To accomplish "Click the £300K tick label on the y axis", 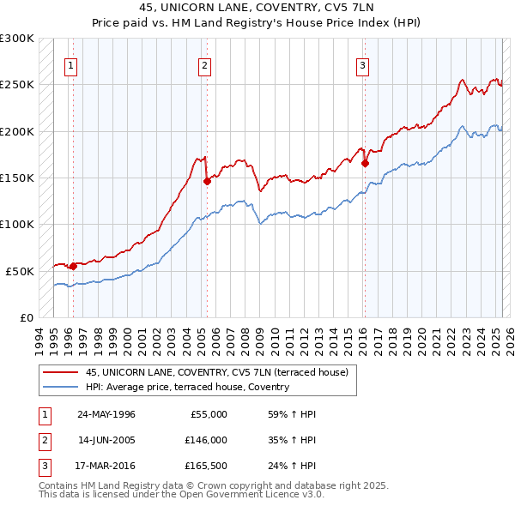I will click(x=17, y=39).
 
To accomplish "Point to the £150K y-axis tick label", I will click(x=17, y=178).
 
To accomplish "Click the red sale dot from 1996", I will click(x=73, y=266).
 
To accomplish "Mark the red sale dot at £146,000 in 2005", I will click(x=207, y=181).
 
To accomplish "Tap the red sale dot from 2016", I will click(x=365, y=163).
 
